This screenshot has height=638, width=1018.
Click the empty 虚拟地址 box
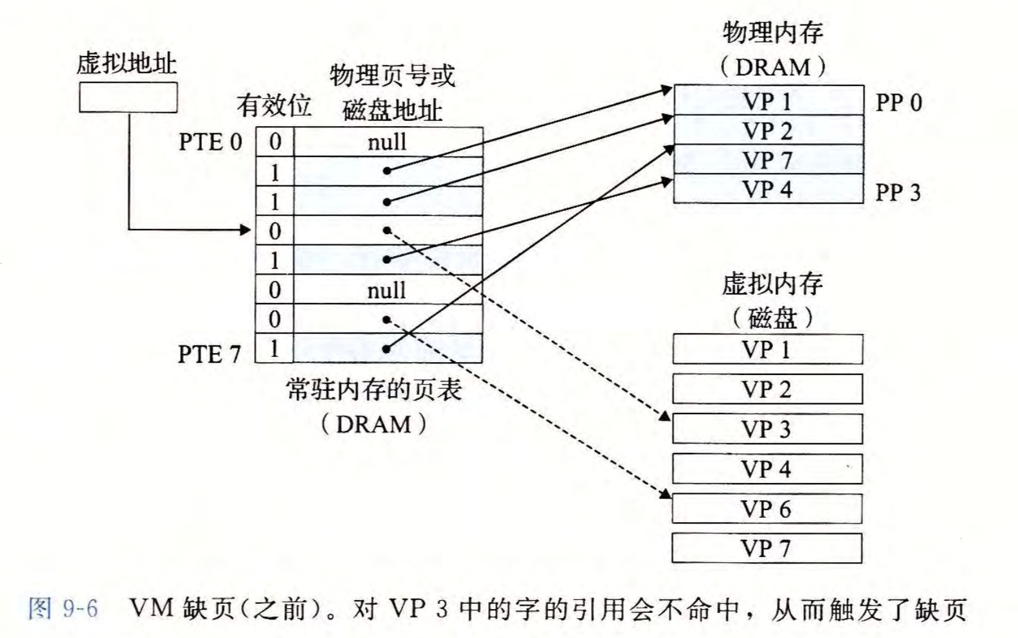tap(128, 98)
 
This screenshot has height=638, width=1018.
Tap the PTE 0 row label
tap(210, 142)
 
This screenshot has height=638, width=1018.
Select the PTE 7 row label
tap(209, 354)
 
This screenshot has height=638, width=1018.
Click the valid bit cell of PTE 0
tap(275, 141)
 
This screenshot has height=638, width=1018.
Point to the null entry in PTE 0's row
tap(386, 141)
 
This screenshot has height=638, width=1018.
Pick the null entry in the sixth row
tap(386, 290)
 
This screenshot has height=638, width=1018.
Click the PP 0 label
tap(898, 102)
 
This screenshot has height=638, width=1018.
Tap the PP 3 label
tap(898, 192)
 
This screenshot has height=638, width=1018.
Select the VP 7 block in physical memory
tap(768, 159)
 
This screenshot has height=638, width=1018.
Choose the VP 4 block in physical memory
tap(768, 189)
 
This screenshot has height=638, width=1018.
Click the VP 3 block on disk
tap(767, 429)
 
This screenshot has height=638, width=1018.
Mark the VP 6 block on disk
tap(767, 509)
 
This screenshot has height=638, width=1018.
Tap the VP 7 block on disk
tap(767, 549)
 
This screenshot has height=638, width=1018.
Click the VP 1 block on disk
tap(767, 349)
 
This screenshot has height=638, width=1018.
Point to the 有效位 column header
tap(274, 105)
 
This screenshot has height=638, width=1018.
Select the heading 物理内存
tap(772, 32)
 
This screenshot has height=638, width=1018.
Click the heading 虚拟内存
tap(772, 284)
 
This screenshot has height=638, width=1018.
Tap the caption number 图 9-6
tap(63, 608)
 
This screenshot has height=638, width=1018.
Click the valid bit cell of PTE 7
tap(275, 349)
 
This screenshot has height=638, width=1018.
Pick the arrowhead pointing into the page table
tap(245, 230)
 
